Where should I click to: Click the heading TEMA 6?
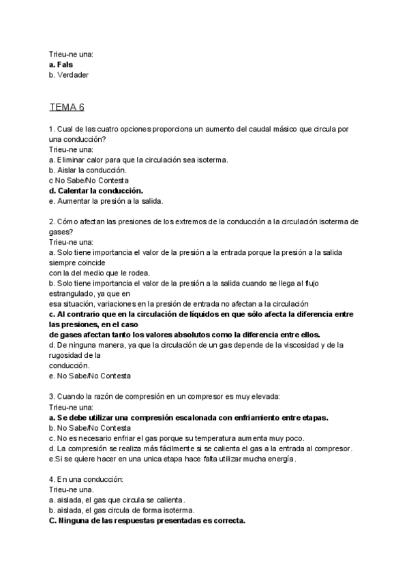click(67, 107)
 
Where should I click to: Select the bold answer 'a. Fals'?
click(61, 64)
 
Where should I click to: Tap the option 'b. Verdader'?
click(69, 74)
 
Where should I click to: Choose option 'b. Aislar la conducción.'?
click(88, 170)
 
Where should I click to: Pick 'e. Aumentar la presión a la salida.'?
click(106, 201)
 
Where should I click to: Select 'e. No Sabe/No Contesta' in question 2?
click(90, 376)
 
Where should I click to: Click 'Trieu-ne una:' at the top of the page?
click(71, 53)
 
